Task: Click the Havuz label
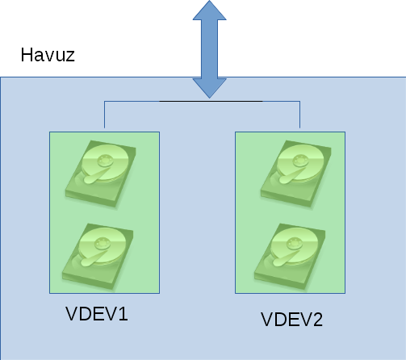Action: coord(48,55)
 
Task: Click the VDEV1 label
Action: coord(97,314)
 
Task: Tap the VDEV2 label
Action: coord(291,320)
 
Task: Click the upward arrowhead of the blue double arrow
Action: coord(209,10)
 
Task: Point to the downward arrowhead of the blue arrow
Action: coord(209,88)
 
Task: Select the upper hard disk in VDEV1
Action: coord(101,174)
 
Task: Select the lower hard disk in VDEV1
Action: coord(98,257)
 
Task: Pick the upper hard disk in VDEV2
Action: coord(296,174)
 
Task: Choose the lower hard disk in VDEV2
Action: coord(290,257)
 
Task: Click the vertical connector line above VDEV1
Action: coord(104,115)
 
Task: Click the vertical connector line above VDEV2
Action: coord(299,115)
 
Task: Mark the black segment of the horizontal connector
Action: coord(211,102)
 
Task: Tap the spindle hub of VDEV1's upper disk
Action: coord(106,161)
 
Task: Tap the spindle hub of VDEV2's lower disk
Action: coord(295,244)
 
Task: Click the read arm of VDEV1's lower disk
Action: coord(93,257)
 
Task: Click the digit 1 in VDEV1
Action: coord(123,314)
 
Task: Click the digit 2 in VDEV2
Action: coord(317,320)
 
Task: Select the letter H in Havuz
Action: coord(27,55)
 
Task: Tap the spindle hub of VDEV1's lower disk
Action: coord(103,244)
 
